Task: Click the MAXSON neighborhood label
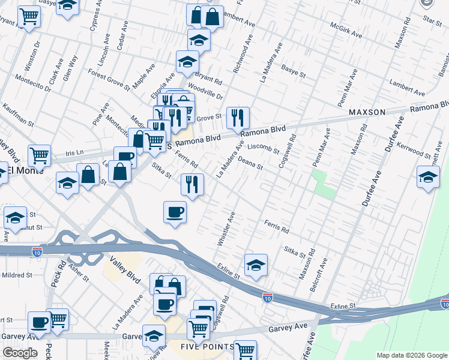[x=367, y=112]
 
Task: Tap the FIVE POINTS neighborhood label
[x=208, y=347]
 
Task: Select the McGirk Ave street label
[x=346, y=31]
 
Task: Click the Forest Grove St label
[x=109, y=79]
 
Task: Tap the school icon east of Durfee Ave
[x=428, y=176]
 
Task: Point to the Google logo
[x=20, y=353]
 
